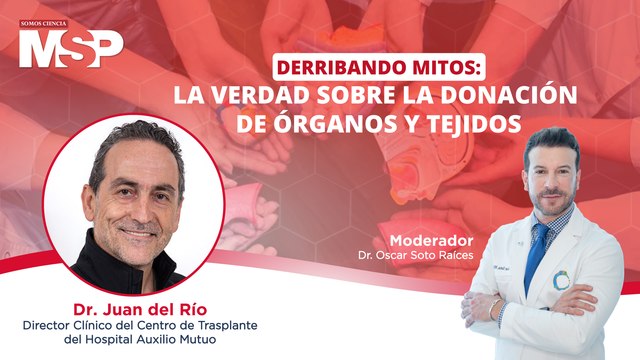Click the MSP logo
(70, 47)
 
